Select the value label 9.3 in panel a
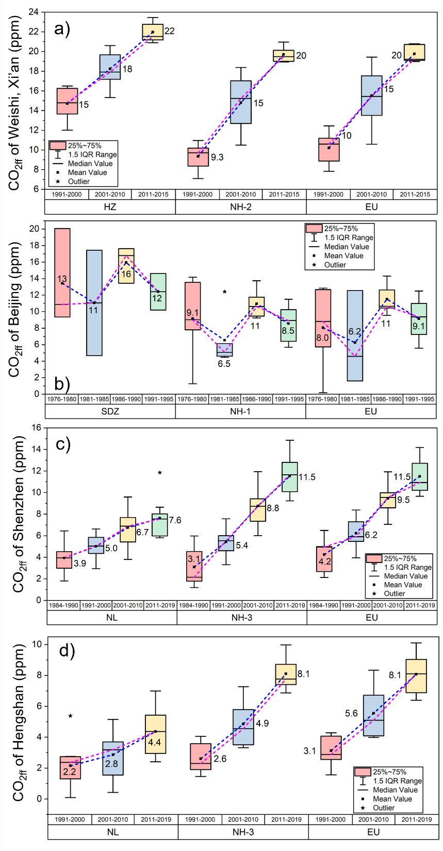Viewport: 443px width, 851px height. tap(217, 157)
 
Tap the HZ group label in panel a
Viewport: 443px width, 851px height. tap(110, 207)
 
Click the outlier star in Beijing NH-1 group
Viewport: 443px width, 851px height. tap(225, 292)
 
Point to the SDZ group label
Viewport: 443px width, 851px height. tap(110, 411)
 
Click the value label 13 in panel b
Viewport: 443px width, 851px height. tap(62, 279)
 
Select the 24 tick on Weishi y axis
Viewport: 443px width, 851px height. tap(34, 12)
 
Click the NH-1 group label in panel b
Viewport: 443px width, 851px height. tap(240, 411)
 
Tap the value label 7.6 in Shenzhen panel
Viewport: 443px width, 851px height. tap(175, 520)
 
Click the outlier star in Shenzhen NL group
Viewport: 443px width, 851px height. tap(160, 473)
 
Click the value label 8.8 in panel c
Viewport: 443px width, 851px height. tap(273, 508)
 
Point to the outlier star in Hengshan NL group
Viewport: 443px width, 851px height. tap(70, 716)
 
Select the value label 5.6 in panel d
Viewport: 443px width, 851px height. tap(351, 713)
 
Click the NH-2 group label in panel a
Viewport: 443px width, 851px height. tap(241, 207)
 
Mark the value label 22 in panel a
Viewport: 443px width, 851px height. tap(169, 31)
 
